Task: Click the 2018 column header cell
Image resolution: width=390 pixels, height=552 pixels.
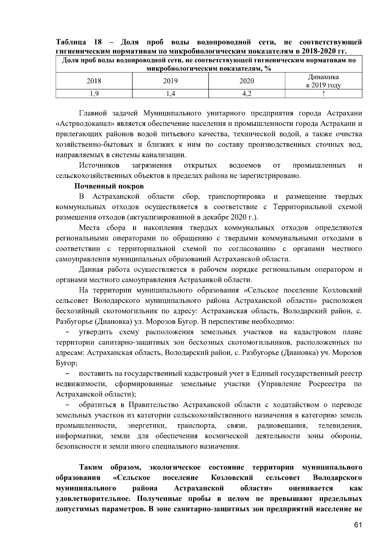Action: tap(94, 81)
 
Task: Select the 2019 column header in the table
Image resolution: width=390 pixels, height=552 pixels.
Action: tap(170, 81)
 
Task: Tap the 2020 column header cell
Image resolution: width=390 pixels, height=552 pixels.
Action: tap(247, 81)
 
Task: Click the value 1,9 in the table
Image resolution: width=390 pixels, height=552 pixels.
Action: tap(94, 94)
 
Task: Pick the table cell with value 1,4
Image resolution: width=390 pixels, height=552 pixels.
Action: tap(170, 94)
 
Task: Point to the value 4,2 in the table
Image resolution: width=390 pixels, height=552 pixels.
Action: tap(247, 94)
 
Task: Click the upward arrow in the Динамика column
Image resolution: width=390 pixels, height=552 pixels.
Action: tap(323, 94)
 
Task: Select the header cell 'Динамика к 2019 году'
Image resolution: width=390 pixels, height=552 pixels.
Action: tap(323, 81)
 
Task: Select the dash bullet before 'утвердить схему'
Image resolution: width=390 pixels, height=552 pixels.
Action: tap(68, 332)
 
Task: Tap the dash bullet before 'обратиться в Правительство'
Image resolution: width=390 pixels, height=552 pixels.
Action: tap(68, 405)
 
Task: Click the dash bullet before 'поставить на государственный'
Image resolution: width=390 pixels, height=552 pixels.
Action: tap(68, 374)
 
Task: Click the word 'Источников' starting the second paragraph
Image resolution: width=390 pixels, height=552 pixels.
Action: tap(99, 166)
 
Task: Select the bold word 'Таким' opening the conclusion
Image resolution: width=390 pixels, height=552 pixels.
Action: tap(91, 467)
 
